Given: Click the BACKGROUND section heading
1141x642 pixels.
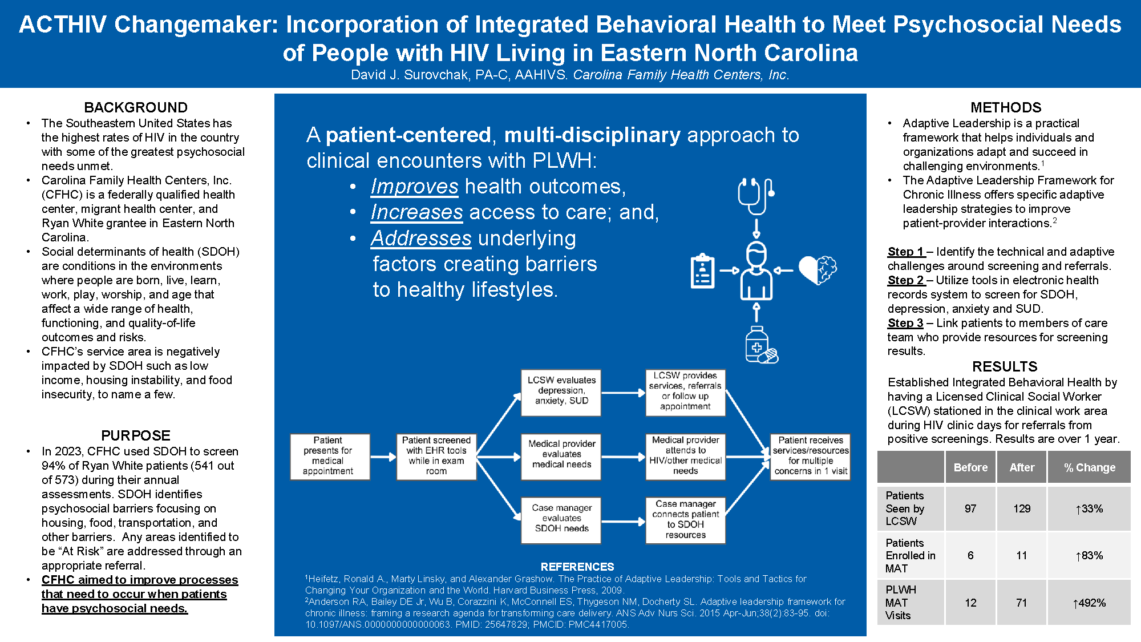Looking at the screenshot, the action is (x=136, y=107).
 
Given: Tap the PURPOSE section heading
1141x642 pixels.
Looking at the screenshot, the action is (x=136, y=435).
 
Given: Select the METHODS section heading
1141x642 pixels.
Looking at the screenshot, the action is (x=1006, y=107).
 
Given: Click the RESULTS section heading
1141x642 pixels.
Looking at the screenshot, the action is (x=1005, y=366).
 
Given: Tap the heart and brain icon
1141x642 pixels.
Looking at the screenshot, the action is (x=818, y=270).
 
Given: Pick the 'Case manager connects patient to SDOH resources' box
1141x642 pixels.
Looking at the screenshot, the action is (x=685, y=520).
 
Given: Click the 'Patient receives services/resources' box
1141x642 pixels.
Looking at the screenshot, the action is (x=810, y=457).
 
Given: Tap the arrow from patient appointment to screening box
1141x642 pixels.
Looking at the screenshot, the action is (x=383, y=457).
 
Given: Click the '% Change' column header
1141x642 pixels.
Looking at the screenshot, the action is (x=1089, y=467).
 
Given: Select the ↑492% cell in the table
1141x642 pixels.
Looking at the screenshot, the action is (x=1089, y=603).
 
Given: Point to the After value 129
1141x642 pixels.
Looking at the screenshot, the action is (x=1022, y=508).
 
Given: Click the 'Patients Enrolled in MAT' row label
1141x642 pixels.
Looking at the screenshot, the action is (x=911, y=555).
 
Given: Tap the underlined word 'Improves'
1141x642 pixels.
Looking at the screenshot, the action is (x=414, y=187).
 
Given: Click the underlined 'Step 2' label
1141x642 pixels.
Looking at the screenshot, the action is (x=906, y=280).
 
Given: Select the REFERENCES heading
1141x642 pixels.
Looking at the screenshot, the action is (x=577, y=567).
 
